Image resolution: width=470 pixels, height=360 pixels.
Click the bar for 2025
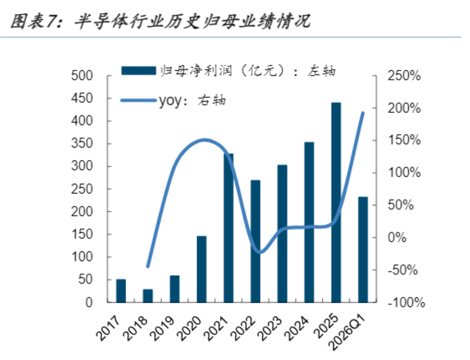(336, 203)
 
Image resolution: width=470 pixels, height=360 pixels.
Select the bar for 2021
(228, 228)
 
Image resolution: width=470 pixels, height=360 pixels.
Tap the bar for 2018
(148, 296)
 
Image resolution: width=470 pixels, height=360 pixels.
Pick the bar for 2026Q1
(363, 250)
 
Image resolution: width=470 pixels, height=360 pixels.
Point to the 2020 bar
(202, 269)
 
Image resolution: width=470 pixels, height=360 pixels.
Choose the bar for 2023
(282, 234)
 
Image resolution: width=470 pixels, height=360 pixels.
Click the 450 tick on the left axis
(82, 98)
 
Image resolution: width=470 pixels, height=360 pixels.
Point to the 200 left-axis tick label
(82, 212)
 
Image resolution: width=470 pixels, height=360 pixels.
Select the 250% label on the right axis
(404, 76)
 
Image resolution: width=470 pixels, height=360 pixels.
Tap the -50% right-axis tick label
(403, 270)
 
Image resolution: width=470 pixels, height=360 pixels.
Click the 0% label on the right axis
(397, 238)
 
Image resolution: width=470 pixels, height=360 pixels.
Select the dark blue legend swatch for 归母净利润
(139, 71)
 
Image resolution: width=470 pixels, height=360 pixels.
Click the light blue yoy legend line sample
(139, 100)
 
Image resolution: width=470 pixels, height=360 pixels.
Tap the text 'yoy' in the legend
(170, 101)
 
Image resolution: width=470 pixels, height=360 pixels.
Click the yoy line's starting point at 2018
(148, 267)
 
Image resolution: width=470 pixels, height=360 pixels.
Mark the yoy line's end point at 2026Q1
(363, 113)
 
